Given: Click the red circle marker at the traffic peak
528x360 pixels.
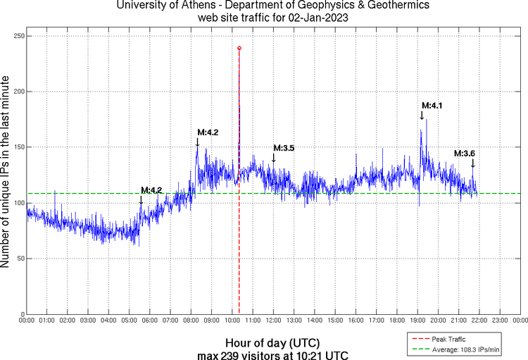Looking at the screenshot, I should pyautogui.click(x=239, y=48).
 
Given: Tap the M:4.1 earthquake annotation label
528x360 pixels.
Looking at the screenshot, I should pyautogui.click(x=432, y=106).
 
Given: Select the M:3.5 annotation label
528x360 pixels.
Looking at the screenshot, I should pyautogui.click(x=284, y=148).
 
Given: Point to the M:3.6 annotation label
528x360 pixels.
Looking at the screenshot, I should pyautogui.click(x=465, y=154).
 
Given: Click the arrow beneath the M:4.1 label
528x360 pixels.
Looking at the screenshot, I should pyautogui.click(x=422, y=116).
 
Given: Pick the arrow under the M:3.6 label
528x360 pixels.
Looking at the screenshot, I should pyautogui.click(x=472, y=163).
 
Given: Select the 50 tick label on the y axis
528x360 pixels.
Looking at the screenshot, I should pyautogui.click(x=18, y=259).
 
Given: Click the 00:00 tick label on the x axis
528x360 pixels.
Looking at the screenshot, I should pyautogui.click(x=27, y=321).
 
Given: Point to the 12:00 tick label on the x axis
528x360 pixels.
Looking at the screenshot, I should pyautogui.click(x=273, y=321).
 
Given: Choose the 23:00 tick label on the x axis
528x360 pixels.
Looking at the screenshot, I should pyautogui.click(x=499, y=321).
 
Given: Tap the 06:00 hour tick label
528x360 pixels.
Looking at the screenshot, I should pyautogui.click(x=150, y=321).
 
